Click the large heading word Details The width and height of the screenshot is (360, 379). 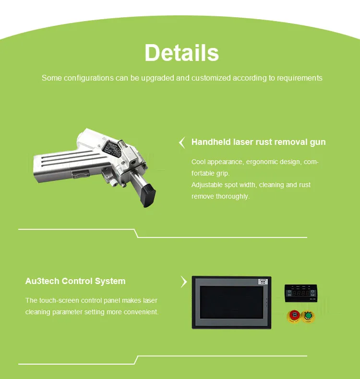click(x=181, y=52)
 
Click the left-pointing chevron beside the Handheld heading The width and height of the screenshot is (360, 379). click(x=182, y=142)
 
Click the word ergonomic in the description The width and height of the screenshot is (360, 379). click(x=264, y=162)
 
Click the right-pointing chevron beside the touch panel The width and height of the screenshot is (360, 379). click(x=183, y=282)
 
